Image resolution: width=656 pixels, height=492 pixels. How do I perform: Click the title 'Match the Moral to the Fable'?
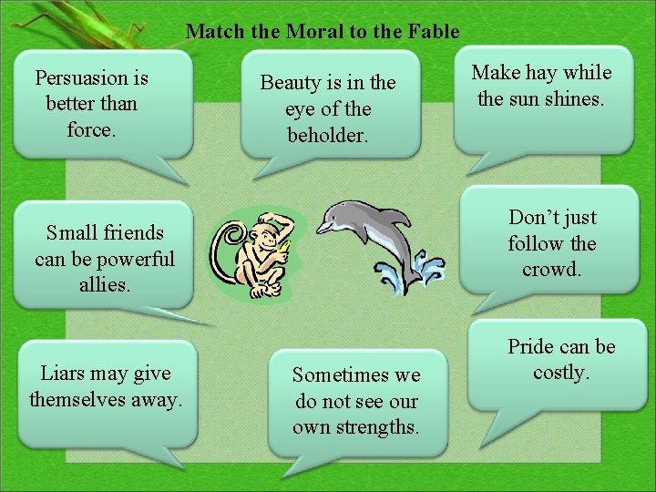323,32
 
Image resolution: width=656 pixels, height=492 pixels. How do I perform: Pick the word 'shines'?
573,98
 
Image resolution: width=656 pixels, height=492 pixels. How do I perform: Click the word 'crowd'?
550,270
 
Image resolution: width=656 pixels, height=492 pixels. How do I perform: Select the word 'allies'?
104,285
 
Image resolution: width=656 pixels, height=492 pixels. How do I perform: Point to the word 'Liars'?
64,373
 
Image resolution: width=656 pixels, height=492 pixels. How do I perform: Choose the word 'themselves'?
74,399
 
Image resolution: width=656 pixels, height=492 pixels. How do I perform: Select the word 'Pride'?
534,347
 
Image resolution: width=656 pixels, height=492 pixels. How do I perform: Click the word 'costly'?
561,373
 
